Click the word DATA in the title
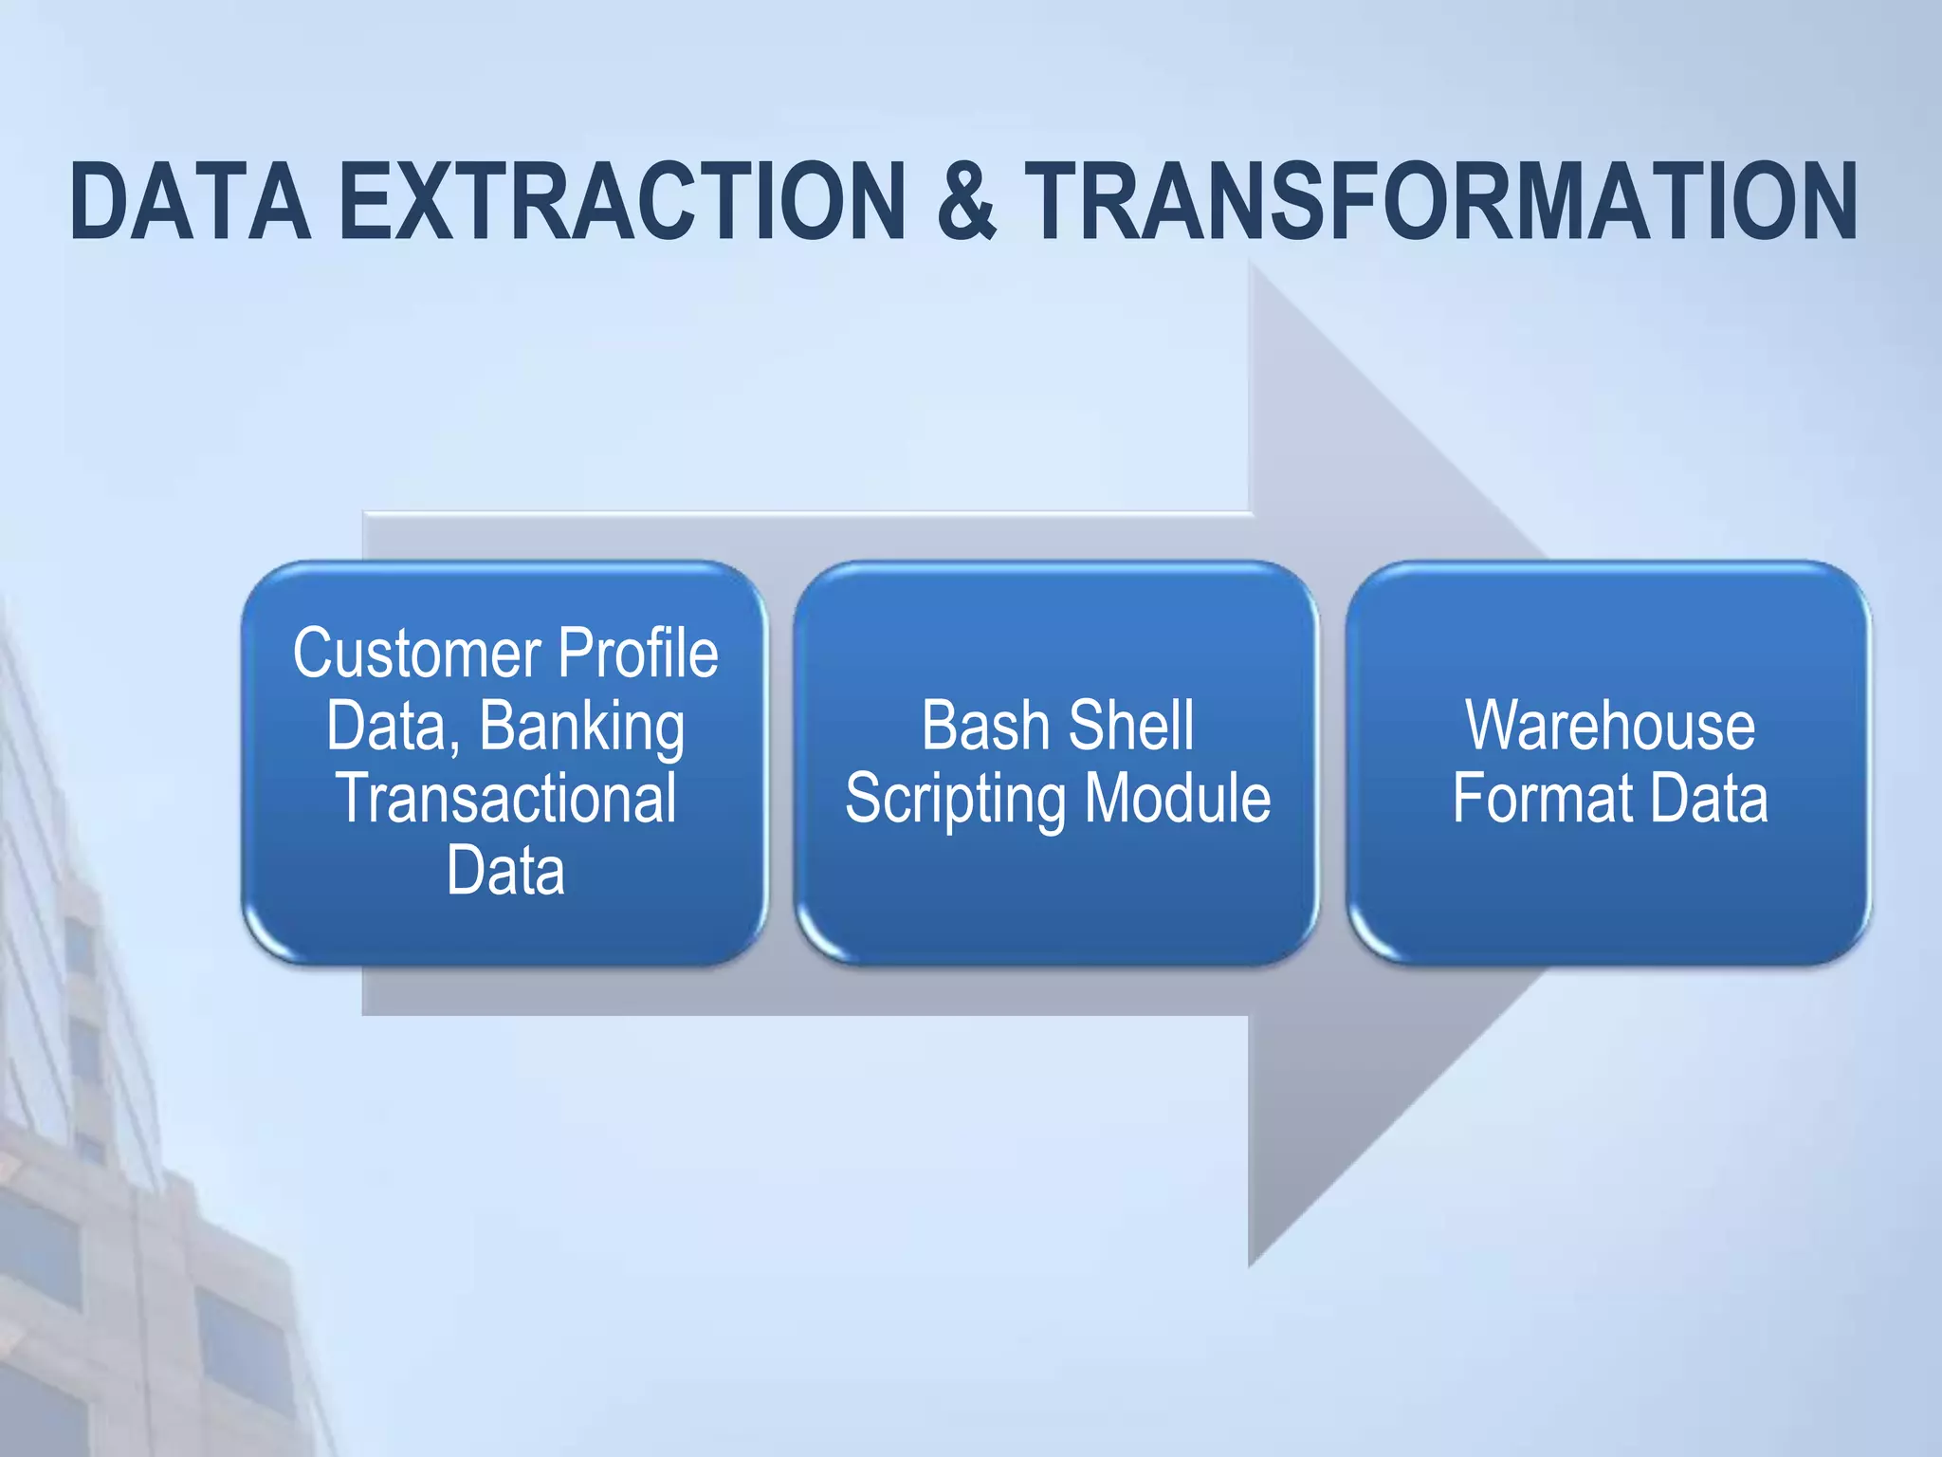(190, 201)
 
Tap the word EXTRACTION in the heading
(622, 201)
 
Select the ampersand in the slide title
(966, 201)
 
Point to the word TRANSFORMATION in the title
(1441, 201)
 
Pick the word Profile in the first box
(637, 655)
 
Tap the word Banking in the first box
(581, 728)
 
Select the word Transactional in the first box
(506, 799)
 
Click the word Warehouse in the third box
(1609, 727)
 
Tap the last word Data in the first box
(505, 871)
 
